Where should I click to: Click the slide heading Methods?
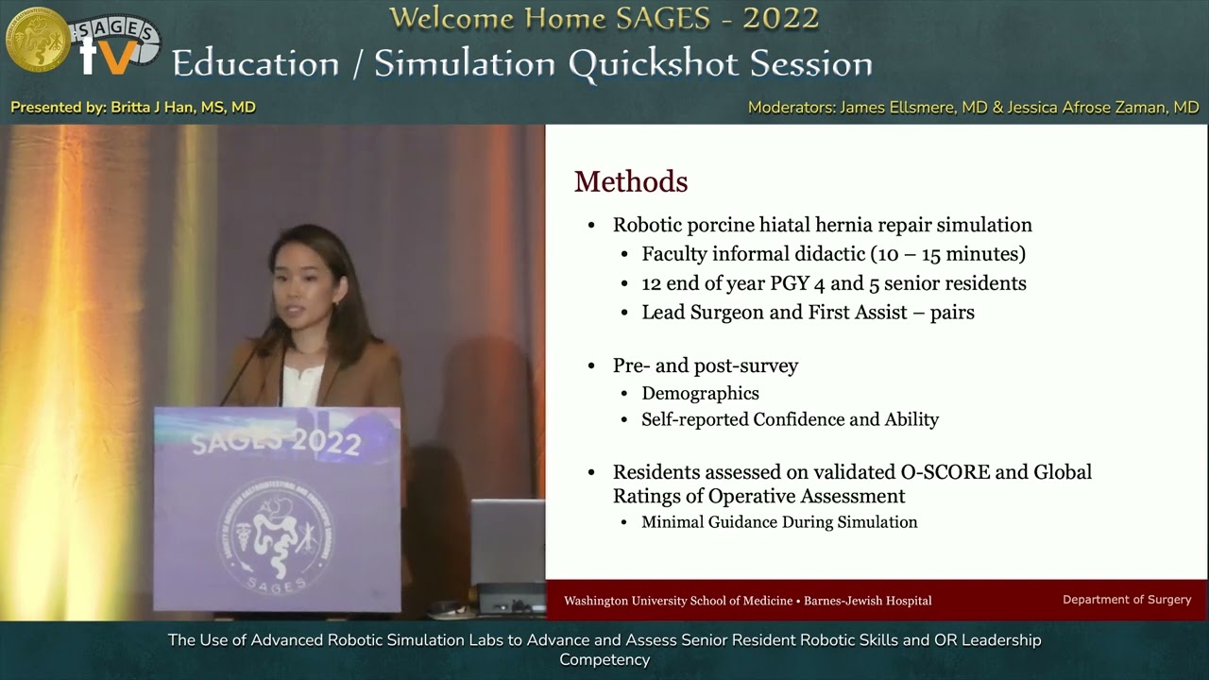coord(631,181)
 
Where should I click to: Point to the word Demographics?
coord(700,393)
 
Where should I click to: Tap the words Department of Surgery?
coord(1127,600)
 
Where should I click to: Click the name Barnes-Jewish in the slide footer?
coord(843,601)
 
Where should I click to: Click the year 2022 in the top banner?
coord(781,18)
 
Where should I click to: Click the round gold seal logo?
coord(37,40)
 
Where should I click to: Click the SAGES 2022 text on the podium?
coord(276,442)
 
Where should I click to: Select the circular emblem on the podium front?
coord(276,531)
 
